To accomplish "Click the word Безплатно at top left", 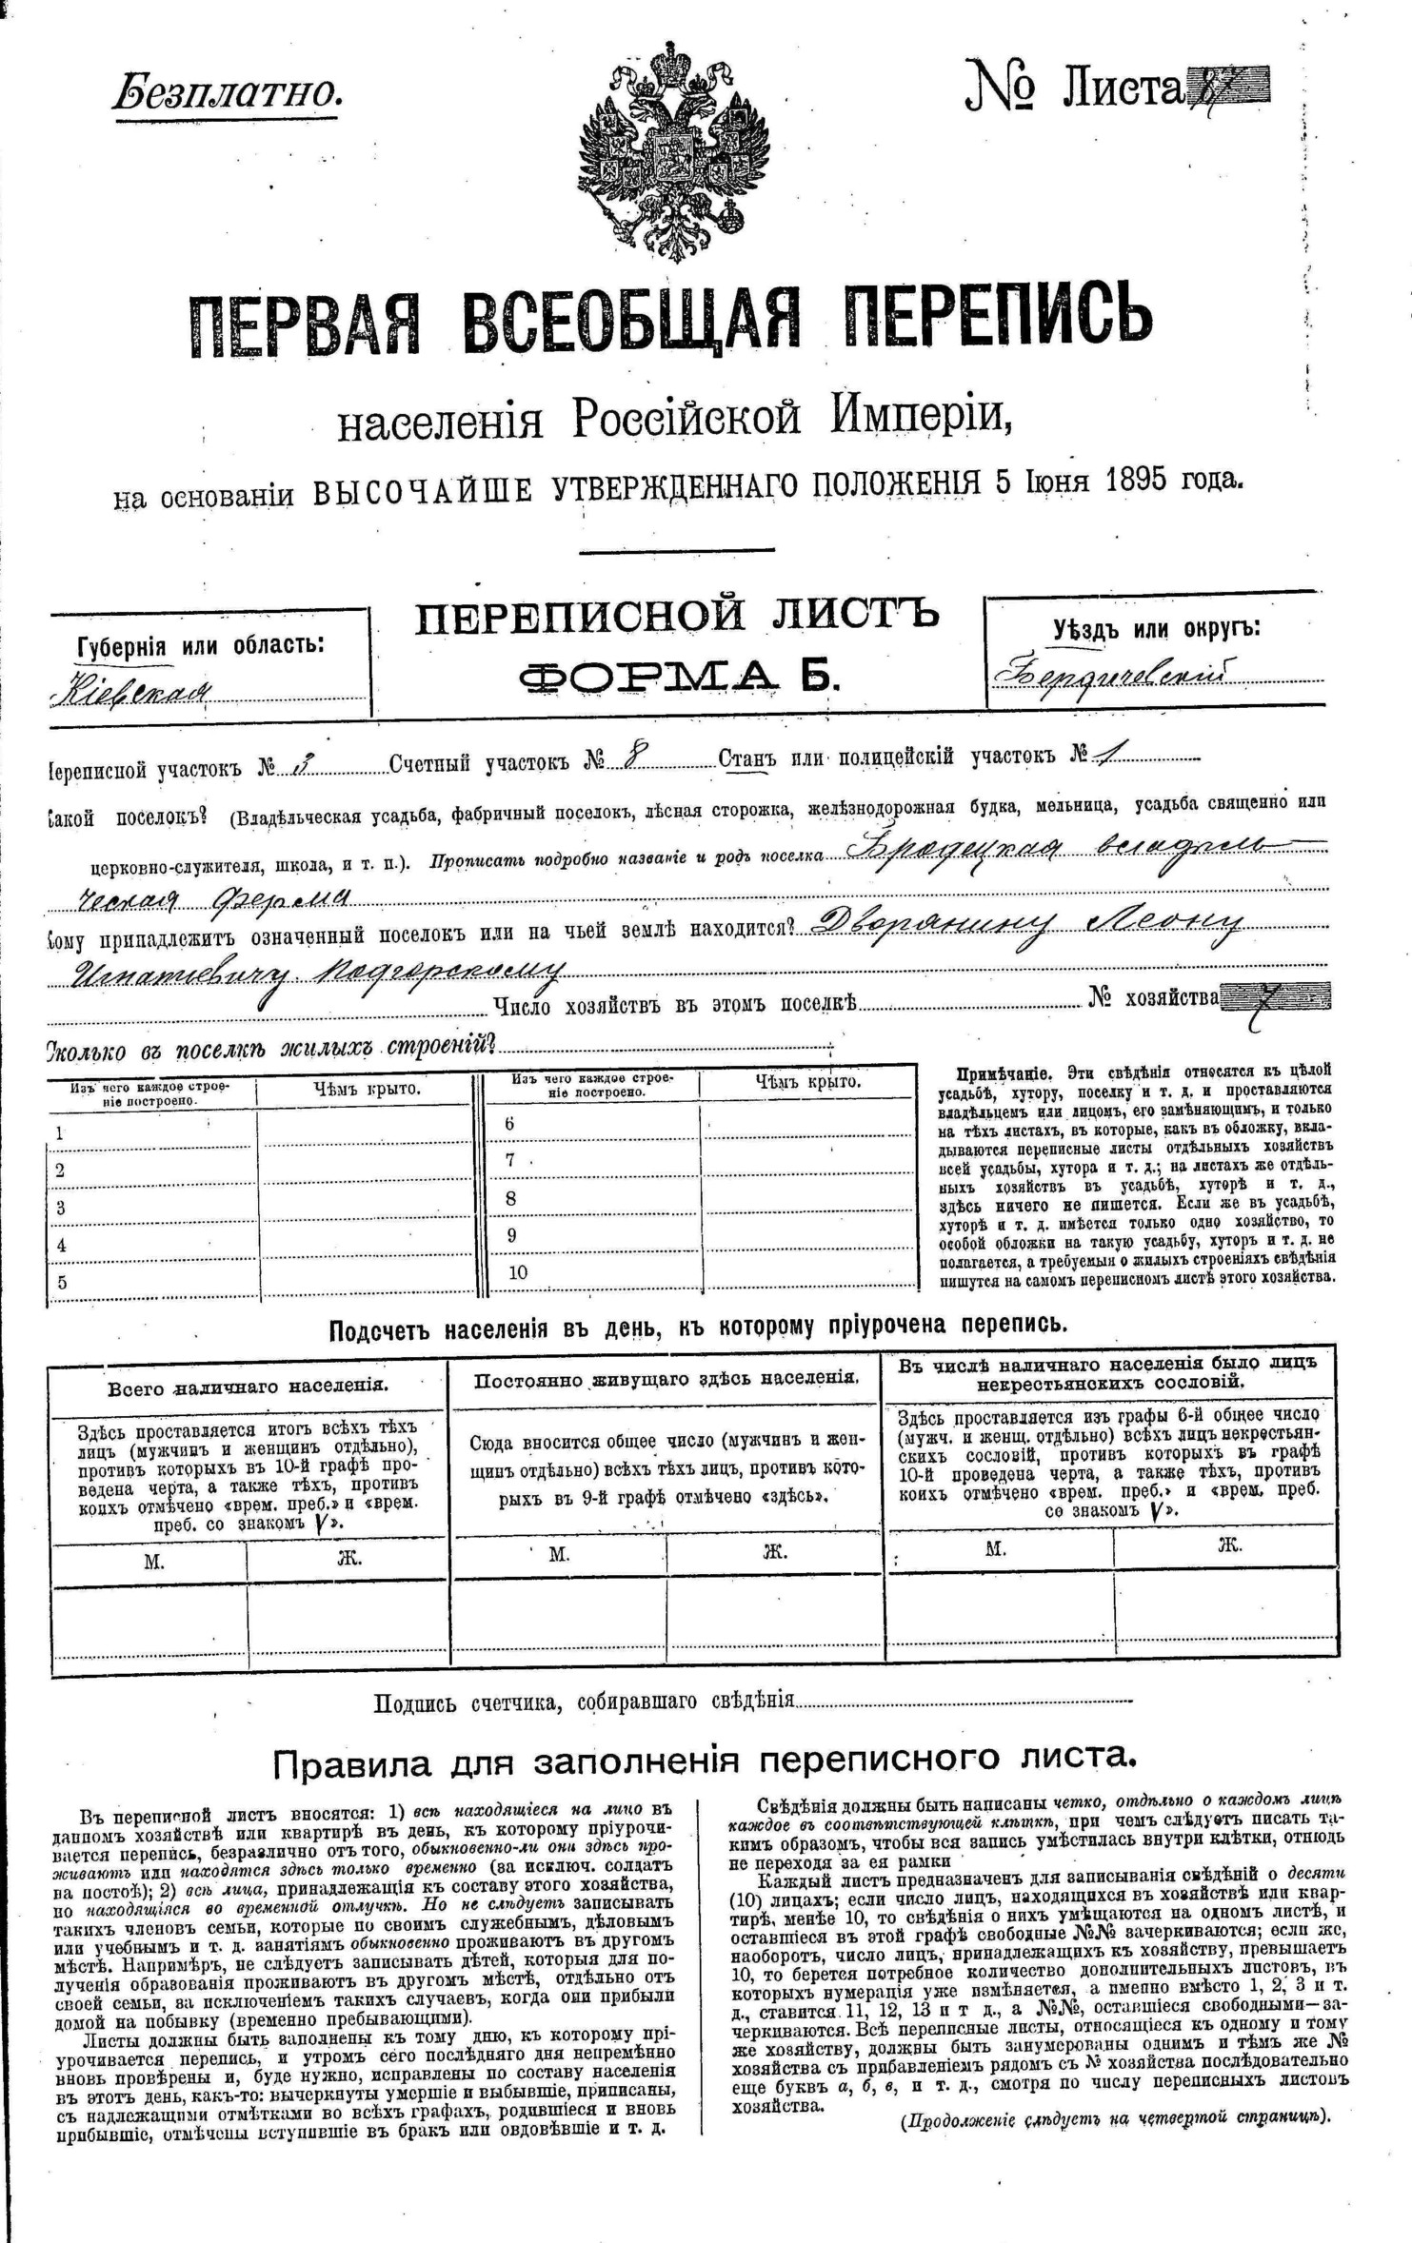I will click(229, 92).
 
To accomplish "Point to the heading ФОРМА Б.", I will click(679, 675).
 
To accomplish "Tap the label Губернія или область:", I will click(200, 645).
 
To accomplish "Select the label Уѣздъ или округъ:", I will click(1156, 629).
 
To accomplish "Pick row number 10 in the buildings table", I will click(517, 1272).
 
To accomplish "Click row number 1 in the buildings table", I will click(61, 1132).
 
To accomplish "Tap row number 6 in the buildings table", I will click(510, 1123).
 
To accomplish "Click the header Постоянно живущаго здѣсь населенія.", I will click(666, 1378).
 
